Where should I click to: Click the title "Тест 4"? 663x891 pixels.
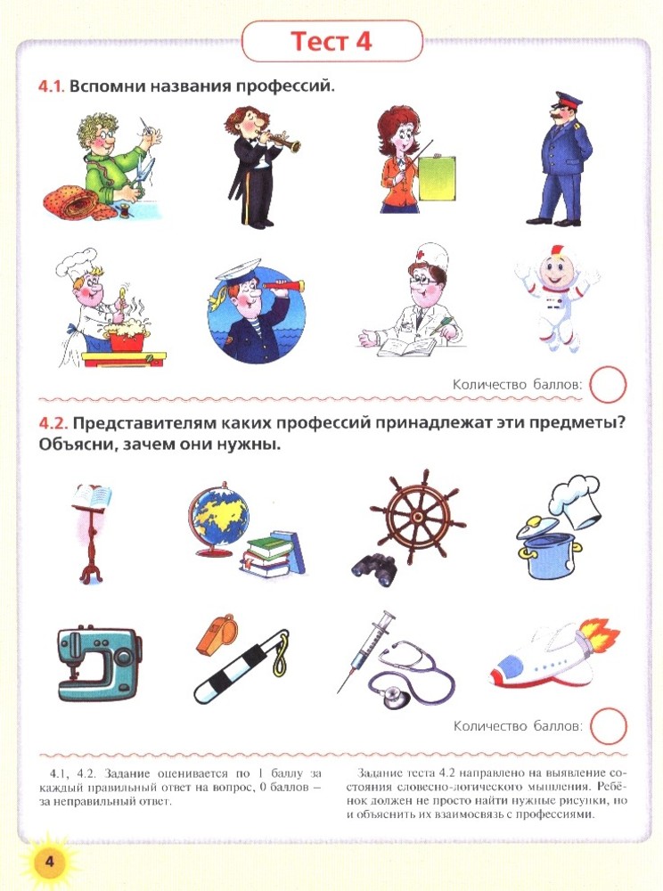click(x=331, y=42)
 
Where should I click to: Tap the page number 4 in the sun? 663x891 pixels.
click(x=49, y=861)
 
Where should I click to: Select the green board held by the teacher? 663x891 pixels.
click(x=437, y=178)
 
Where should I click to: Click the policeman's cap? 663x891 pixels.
click(x=569, y=102)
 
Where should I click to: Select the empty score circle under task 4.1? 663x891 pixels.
click(x=608, y=385)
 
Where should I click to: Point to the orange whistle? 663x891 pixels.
click(x=217, y=633)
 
